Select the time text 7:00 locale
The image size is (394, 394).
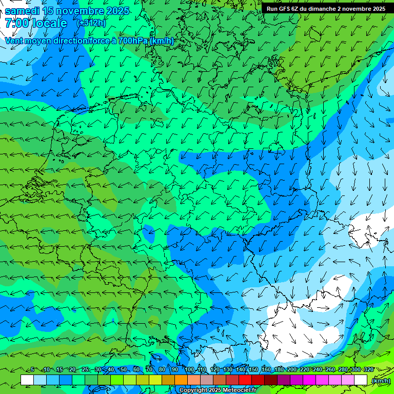click(36, 23)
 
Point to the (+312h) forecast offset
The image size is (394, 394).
click(92, 24)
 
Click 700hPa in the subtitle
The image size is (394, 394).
click(132, 41)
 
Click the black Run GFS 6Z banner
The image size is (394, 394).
click(326, 8)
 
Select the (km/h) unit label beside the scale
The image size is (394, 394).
click(381, 381)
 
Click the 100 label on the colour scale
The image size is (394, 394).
click(189, 369)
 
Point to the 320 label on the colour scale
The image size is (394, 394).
click(369, 369)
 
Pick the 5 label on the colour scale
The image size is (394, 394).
click(32, 369)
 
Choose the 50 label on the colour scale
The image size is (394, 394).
click(124, 369)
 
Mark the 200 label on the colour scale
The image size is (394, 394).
click(292, 369)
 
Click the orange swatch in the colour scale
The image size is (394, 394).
click(181, 380)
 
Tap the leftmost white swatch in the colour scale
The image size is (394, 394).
click(27, 380)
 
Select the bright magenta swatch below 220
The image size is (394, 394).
click(309, 380)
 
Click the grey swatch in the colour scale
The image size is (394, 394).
click(207, 380)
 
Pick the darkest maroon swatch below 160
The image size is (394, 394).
click(271, 380)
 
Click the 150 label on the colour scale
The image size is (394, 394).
click(253, 369)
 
